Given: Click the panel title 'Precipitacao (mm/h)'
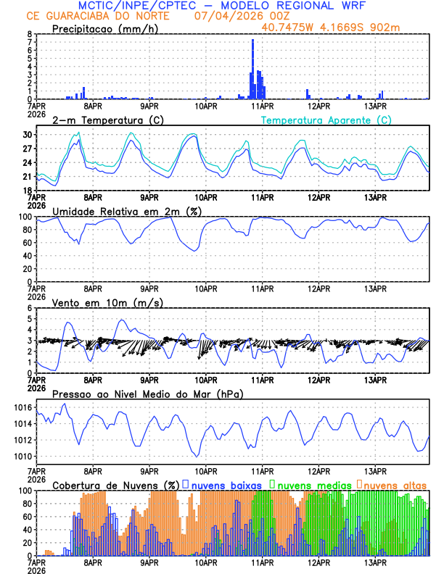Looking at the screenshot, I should [104, 28].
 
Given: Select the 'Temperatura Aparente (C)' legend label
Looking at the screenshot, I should [326, 120].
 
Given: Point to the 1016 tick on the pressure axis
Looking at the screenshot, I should [23, 408].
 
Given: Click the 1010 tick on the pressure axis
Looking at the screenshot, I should [23, 457].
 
